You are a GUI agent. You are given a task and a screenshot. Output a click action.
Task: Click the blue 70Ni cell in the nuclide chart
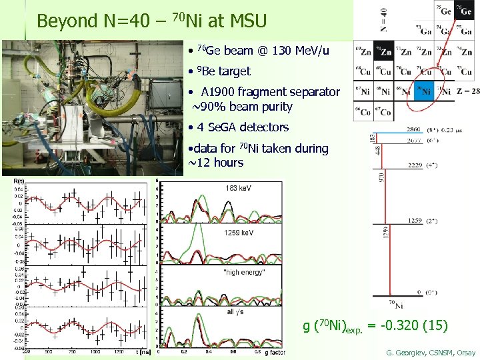click(425, 91)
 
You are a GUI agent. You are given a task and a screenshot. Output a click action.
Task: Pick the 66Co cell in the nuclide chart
click(363, 111)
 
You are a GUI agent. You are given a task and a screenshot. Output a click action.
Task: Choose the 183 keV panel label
click(239, 187)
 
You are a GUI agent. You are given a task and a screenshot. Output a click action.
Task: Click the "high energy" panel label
click(245, 272)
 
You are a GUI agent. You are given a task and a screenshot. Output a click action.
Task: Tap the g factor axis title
click(275, 353)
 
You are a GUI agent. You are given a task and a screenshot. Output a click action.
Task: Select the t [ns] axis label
click(142, 351)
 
